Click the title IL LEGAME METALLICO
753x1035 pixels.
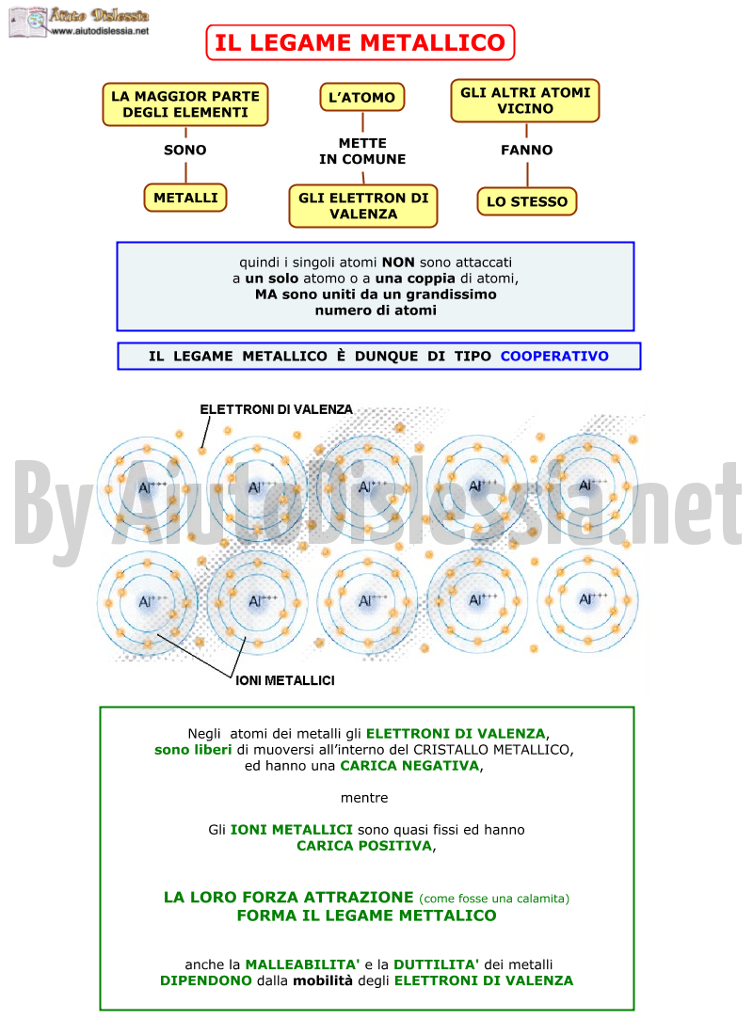click(x=360, y=43)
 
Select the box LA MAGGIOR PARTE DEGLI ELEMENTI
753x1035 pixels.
click(x=185, y=104)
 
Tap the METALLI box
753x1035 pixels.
click(x=185, y=198)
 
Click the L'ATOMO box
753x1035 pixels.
click(x=362, y=98)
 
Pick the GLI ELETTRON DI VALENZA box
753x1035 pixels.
click(x=363, y=206)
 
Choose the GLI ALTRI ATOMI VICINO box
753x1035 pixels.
click(x=525, y=101)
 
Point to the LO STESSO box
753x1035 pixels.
click(x=527, y=201)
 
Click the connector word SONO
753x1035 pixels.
click(x=184, y=150)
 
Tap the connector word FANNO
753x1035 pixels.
click(x=526, y=150)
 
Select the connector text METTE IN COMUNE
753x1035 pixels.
click(x=362, y=151)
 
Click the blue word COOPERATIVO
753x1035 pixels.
click(x=554, y=356)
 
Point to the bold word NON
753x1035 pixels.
click(x=398, y=263)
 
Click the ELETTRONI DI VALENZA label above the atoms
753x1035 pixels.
click(x=276, y=409)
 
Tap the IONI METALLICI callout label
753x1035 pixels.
click(x=284, y=680)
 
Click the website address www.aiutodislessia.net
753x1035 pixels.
click(x=100, y=31)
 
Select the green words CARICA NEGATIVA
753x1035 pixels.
click(x=409, y=766)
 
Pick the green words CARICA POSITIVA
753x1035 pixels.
click(x=364, y=846)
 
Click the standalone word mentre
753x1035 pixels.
click(x=364, y=797)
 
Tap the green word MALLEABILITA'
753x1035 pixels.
click(x=302, y=964)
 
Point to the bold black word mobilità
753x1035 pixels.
click(x=322, y=980)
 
